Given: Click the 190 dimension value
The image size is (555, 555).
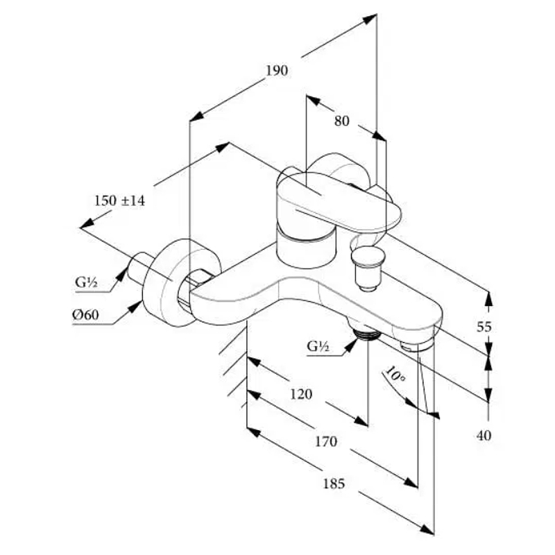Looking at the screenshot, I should [x=276, y=70].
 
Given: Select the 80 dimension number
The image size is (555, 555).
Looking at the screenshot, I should [x=341, y=121].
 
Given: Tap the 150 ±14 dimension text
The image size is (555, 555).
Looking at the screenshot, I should [x=119, y=200].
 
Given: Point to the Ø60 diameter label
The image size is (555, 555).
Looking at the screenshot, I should [x=86, y=315].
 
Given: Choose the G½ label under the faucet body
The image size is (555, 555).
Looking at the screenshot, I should [x=318, y=346].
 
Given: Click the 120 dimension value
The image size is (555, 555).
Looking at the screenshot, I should [x=300, y=394].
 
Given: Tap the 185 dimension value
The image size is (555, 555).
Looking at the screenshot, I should [x=334, y=484].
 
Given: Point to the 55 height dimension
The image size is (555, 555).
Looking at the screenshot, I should [x=484, y=326].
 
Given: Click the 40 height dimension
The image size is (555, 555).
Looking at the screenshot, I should [x=484, y=436].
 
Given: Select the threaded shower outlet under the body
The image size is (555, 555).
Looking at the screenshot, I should [x=364, y=334].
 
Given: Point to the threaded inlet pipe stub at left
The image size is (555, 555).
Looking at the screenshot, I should [x=142, y=266].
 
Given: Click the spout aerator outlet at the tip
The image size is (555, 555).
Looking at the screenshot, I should [x=416, y=344].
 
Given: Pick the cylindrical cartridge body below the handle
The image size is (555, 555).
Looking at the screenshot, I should [x=305, y=248].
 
